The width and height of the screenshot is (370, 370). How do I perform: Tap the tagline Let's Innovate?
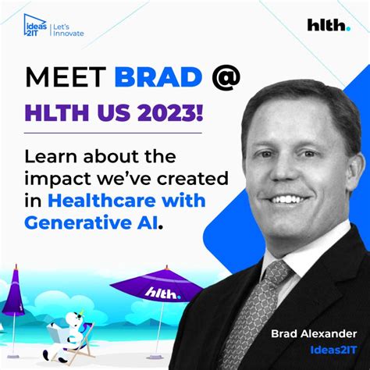click(x=67, y=30)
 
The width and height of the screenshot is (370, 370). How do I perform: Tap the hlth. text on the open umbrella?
click(x=162, y=293)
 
